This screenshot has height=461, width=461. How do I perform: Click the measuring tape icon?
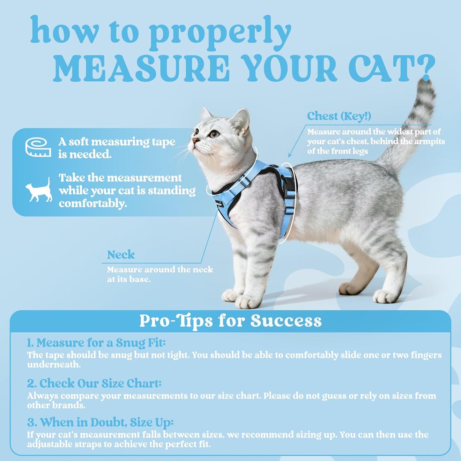(38, 147)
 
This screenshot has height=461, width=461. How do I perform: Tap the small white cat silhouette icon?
(39, 190)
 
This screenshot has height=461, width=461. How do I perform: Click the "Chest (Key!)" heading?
(339, 116)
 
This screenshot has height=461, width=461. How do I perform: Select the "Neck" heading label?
(121, 255)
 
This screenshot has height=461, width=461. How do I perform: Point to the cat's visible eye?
(215, 134)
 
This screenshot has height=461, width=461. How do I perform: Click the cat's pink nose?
(194, 141)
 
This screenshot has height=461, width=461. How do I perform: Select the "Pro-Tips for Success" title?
(230, 321)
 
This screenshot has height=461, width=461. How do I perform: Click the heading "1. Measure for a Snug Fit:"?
(96, 343)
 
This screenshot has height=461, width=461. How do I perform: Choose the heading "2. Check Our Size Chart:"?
(94, 383)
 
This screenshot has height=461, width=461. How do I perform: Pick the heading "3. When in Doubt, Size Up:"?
(100, 422)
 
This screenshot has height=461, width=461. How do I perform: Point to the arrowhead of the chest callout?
(290, 156)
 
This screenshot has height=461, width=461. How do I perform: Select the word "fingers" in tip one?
(423, 355)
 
